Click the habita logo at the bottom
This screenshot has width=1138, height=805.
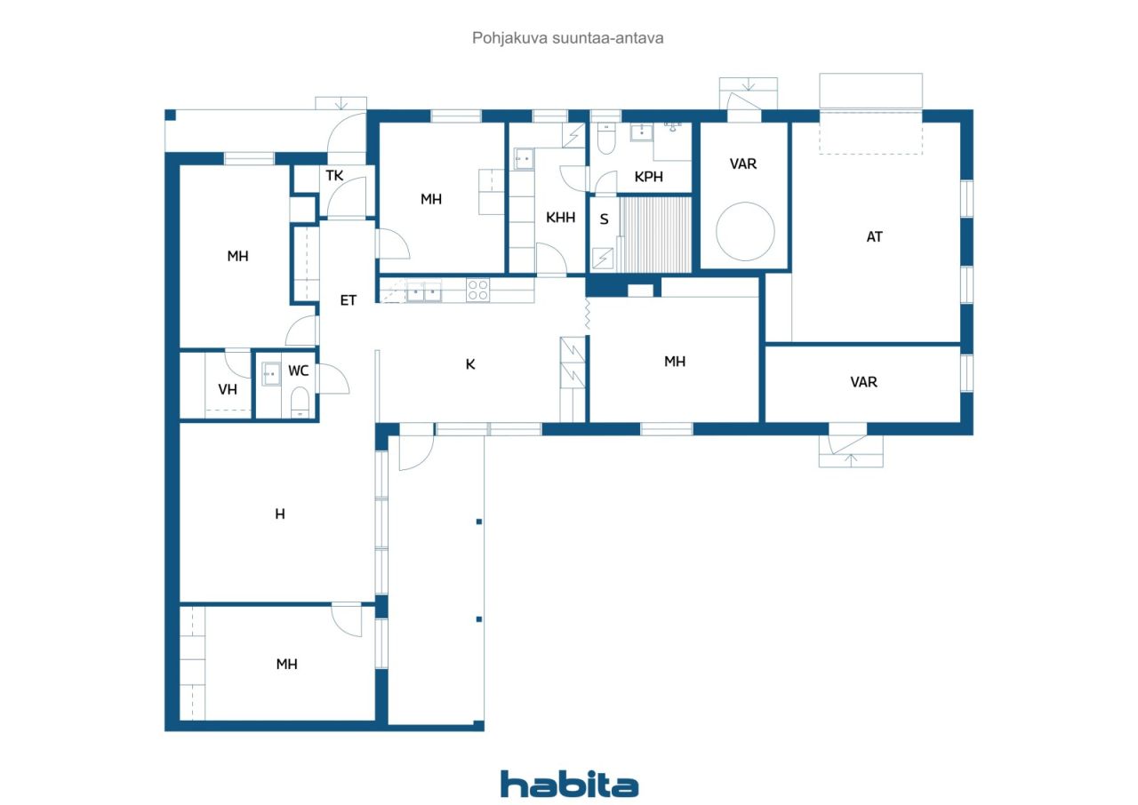coord(569,785)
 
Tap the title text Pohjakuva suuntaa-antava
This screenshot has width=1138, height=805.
coord(567,38)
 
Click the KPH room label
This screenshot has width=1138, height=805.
coord(649,177)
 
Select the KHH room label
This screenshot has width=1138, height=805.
coord(560,217)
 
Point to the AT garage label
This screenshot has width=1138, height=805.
coord(874,236)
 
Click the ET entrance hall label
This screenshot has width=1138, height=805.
coord(348,300)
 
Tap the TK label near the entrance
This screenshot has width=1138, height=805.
coord(334,176)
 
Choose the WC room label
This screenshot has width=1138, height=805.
coord(298,371)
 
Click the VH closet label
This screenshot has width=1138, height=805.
coord(228,389)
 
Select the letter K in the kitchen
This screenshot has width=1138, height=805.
coord(470,364)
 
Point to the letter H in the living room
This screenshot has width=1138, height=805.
coord(280,514)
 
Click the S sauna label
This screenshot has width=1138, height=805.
coord(604,219)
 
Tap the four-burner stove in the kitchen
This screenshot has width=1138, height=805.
coord(478,291)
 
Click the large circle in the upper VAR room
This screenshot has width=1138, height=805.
coord(745,231)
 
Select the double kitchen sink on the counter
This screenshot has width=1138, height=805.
coord(424,291)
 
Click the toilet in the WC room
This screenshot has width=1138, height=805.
coord(300,402)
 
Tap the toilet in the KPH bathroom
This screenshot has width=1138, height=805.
coord(606,137)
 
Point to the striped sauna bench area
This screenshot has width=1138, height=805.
coord(656,235)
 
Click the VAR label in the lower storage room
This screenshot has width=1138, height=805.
coord(863,382)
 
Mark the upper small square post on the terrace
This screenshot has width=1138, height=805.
coord(478,522)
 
